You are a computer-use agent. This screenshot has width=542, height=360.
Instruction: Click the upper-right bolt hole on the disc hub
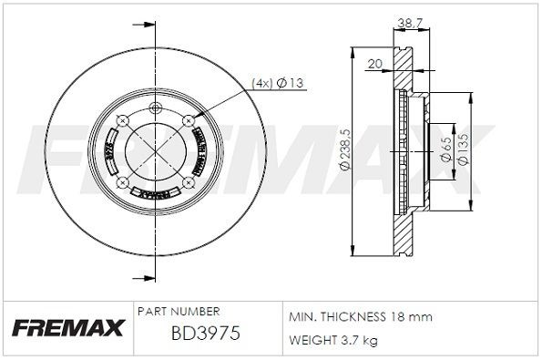tap(189, 119)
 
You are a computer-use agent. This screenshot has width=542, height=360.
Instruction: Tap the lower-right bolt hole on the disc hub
tap(189, 182)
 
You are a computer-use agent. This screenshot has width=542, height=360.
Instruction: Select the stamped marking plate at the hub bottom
tap(152, 193)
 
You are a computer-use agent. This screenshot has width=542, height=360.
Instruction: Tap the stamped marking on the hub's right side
tap(199, 146)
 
